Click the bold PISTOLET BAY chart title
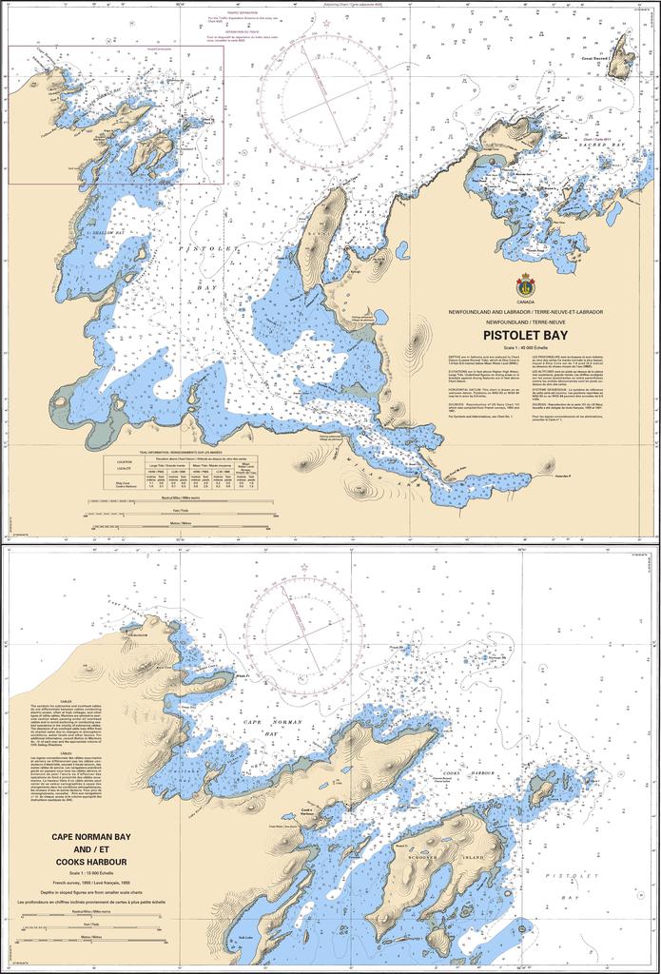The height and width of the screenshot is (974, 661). click(x=526, y=335)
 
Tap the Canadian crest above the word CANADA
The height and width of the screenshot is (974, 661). click(x=526, y=283)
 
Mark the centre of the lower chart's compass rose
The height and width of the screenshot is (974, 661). click(x=302, y=638)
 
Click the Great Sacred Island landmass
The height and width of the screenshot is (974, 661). click(x=622, y=58)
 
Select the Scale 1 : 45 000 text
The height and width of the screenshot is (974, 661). click(x=526, y=347)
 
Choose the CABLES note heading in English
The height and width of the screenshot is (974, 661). click(x=66, y=700)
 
